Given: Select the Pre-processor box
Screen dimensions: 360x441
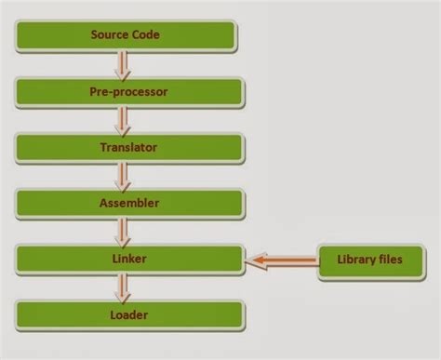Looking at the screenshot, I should [127, 93].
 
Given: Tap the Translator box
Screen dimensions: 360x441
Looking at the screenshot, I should [127, 148].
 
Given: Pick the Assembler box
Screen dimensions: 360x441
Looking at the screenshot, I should [127, 204].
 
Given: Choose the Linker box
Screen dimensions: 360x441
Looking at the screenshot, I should [127, 259].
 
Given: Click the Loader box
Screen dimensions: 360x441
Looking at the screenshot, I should [127, 314].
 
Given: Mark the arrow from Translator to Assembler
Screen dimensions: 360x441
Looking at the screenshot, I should [122, 176].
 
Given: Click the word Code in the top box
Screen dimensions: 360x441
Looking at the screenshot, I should [147, 36].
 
